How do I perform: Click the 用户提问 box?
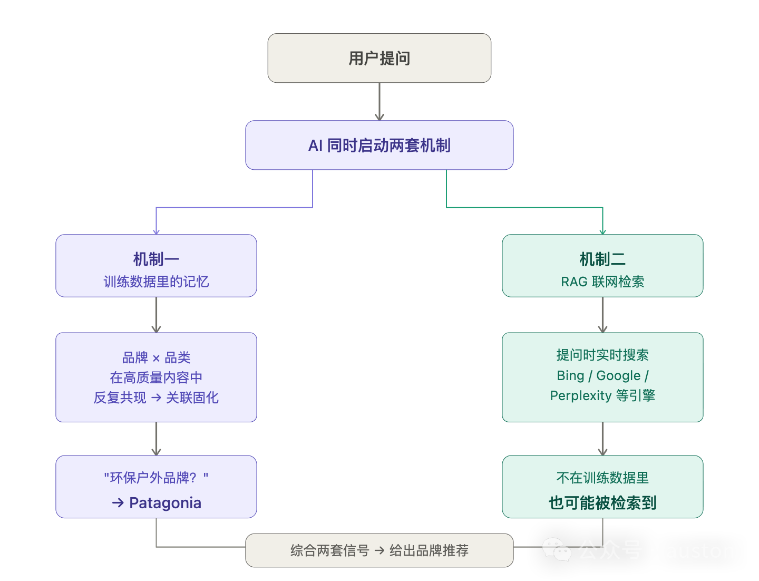[379, 58]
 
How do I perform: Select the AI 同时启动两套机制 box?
[379, 145]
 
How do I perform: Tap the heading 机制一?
[156, 259]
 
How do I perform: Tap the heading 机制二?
[602, 259]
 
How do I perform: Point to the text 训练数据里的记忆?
[156, 282]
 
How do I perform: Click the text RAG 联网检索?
[602, 282]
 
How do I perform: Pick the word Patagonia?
[165, 503]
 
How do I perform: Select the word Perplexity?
[580, 395]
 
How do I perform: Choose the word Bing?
[570, 375]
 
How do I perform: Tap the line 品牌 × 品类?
[156, 357]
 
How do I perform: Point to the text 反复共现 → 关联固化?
[156, 398]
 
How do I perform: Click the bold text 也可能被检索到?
[602, 503]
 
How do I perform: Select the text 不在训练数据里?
[602, 478]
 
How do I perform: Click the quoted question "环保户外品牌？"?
[156, 478]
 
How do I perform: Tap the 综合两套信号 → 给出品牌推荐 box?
[379, 550]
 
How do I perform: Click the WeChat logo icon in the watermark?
[557, 549]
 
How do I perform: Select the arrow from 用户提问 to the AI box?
[379, 101]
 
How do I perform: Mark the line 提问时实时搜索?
[602, 355]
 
